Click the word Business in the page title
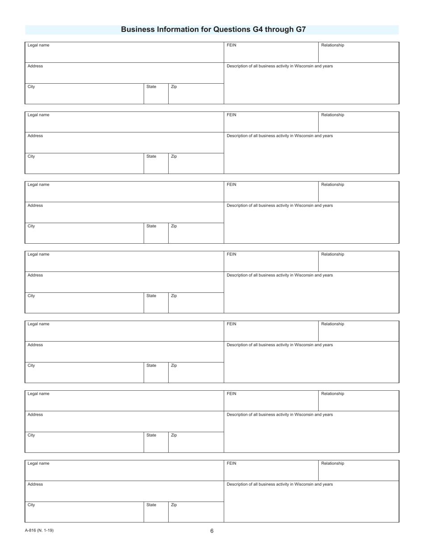(x=138, y=29)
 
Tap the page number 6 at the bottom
(x=212, y=531)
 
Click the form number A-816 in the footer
(x=32, y=530)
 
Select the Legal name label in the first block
(x=38, y=45)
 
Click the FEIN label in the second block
(x=231, y=115)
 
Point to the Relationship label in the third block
(x=333, y=184)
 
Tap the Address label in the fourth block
(x=35, y=275)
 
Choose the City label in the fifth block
(x=31, y=365)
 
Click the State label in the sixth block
(x=151, y=435)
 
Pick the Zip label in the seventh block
(x=174, y=505)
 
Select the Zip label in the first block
(x=174, y=86)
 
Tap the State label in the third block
(x=151, y=226)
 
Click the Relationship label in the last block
(x=333, y=463)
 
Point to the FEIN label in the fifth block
(x=231, y=324)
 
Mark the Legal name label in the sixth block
(x=38, y=393)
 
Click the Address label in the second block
(x=35, y=135)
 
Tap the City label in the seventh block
(x=31, y=505)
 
